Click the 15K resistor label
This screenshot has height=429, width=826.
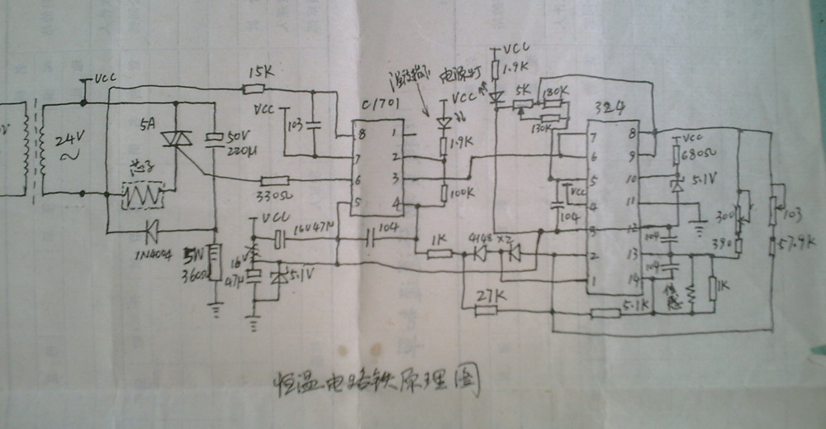point(257,73)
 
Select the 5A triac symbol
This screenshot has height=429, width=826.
point(176,140)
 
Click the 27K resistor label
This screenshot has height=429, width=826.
point(485,295)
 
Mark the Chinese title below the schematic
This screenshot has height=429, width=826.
point(376,381)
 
